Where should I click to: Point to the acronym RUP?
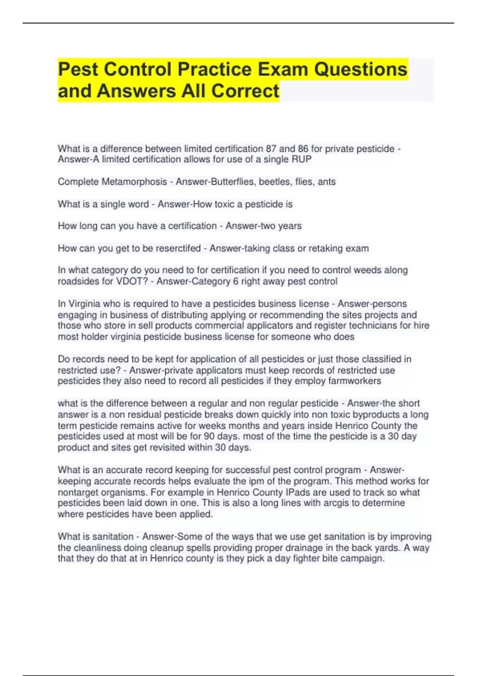pyautogui.click(x=302, y=159)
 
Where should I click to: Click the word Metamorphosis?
pyautogui.click(x=134, y=182)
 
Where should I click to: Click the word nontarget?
pyautogui.click(x=77, y=492)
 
